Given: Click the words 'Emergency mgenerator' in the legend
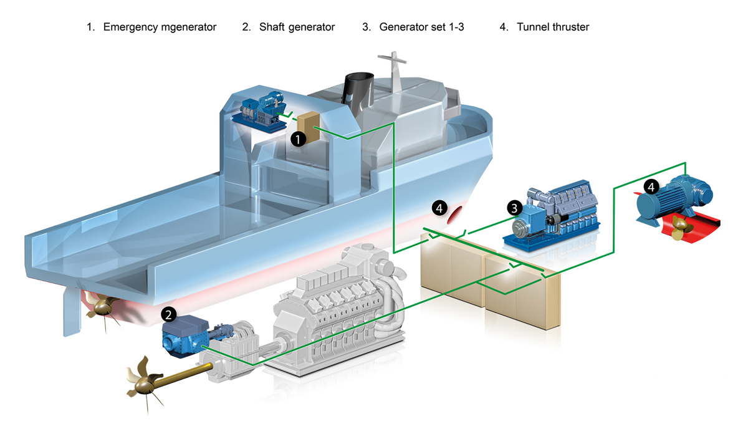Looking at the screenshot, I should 160,27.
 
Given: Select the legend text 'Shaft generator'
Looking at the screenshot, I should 297,27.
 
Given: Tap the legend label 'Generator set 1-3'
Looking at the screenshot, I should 421,27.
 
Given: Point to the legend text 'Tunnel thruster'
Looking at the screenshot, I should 553,27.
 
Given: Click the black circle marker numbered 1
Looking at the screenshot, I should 299,139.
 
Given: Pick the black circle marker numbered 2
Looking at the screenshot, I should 169,314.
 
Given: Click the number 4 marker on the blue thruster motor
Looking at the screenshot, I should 651,186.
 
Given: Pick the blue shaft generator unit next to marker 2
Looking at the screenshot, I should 184,337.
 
